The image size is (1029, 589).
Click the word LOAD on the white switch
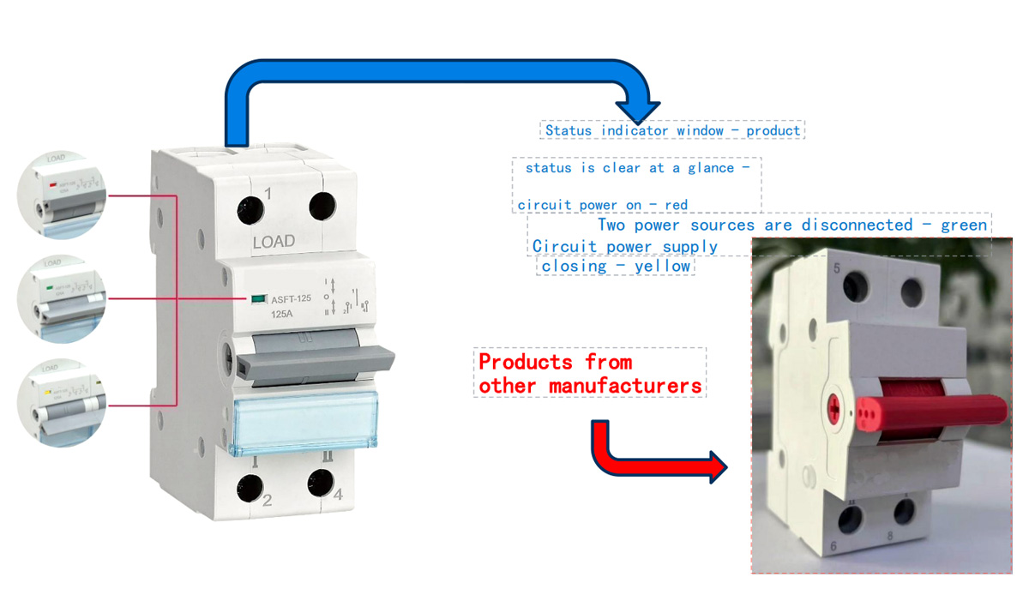point(274,242)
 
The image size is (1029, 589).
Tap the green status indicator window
point(256,299)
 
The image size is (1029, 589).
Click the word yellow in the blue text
point(663,266)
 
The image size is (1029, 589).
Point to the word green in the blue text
point(964,225)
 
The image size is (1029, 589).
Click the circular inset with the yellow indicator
point(61,401)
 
